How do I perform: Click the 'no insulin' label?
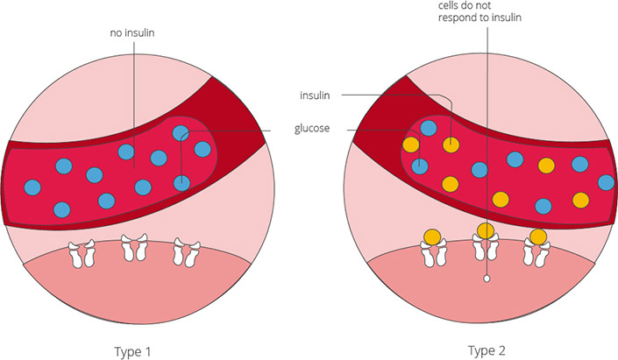(133, 36)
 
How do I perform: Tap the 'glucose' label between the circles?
(313, 130)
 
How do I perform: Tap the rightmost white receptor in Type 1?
(185, 251)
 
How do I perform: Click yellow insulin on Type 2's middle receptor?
(485, 231)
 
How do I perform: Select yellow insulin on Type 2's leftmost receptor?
(432, 236)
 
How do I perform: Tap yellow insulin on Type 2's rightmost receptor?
(538, 236)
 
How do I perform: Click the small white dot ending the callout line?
(485, 279)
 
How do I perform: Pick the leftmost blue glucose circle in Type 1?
(33, 187)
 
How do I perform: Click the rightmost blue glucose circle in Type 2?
(606, 182)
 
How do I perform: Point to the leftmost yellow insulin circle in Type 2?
(408, 145)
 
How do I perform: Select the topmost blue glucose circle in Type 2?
(429, 128)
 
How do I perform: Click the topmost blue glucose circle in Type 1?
(181, 133)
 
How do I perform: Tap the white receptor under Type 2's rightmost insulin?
(537, 254)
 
